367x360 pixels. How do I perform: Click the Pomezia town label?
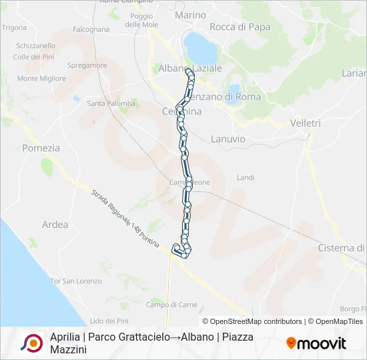click(x=41, y=148)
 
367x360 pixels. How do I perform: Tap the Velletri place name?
click(x=306, y=123)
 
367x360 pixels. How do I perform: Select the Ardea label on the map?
click(x=55, y=225)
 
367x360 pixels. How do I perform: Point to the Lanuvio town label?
click(x=228, y=139)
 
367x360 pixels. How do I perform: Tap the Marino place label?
click(x=190, y=15)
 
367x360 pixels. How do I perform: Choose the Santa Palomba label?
click(x=111, y=103)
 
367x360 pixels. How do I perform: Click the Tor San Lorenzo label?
click(x=76, y=281)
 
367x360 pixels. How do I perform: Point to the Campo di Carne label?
click(x=171, y=305)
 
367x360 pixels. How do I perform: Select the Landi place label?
click(x=246, y=177)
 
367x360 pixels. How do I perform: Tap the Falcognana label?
click(x=91, y=29)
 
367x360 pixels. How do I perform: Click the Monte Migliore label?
click(x=41, y=78)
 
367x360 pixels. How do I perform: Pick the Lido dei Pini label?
click(x=108, y=321)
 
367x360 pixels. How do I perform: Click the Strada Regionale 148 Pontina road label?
click(x=125, y=220)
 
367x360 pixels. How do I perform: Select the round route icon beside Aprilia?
click(x=31, y=343)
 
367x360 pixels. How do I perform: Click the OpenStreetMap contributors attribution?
click(x=252, y=321)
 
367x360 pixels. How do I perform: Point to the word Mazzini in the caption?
click(x=68, y=349)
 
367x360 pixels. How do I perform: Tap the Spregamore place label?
click(x=87, y=65)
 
